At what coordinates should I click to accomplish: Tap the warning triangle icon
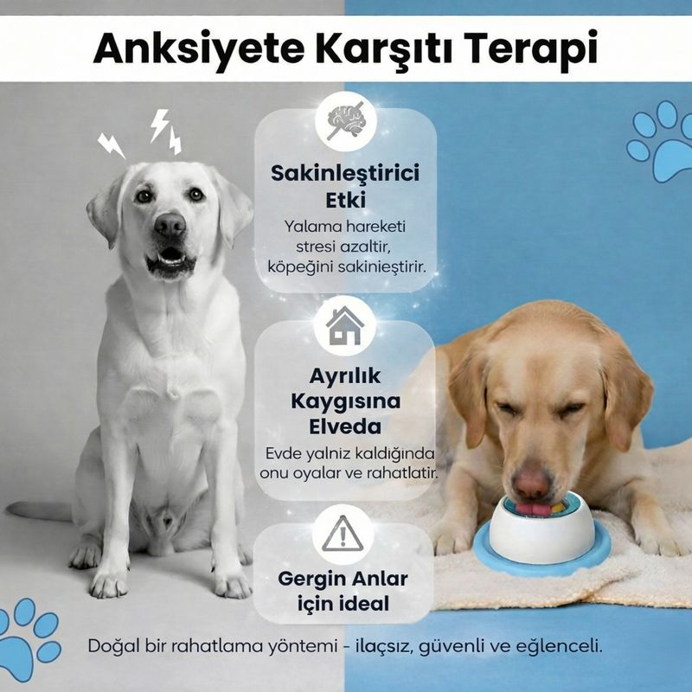point(343,531)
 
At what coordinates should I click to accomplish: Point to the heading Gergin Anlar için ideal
point(344,590)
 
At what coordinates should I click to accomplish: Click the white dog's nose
point(170,227)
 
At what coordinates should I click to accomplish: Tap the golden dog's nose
point(530,482)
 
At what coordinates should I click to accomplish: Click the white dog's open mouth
point(170,258)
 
